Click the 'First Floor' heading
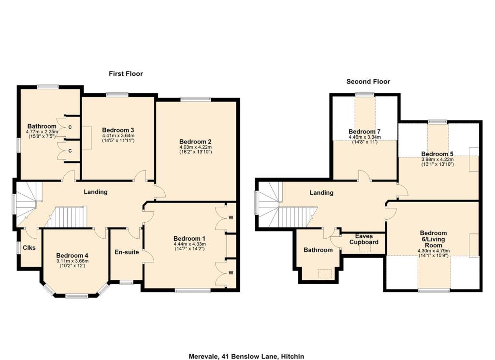coord(126,73)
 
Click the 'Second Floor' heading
coord(368,82)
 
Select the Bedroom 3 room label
coord(118,130)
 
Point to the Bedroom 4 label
coord(72,256)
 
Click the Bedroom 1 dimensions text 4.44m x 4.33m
coord(189,244)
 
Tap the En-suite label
coord(127,252)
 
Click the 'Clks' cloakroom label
coord(29,247)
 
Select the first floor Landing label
coord(96,192)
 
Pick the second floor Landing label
coord(321,192)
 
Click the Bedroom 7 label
coord(364,131)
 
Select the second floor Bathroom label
coord(318,250)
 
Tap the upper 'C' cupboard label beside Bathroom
coord(70,127)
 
